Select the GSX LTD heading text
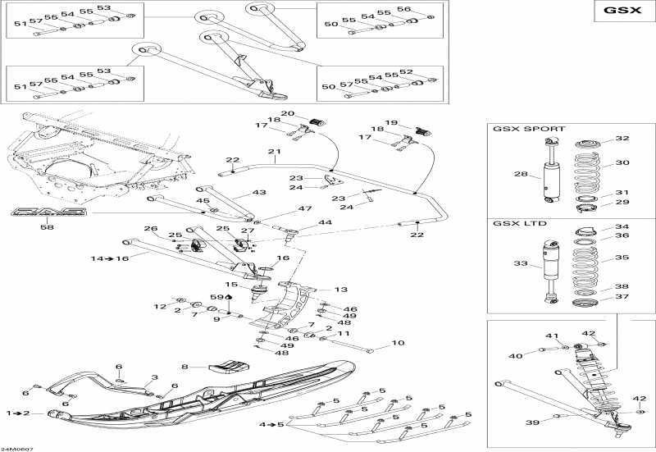click(x=519, y=223)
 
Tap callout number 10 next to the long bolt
click(x=398, y=343)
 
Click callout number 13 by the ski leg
click(x=341, y=290)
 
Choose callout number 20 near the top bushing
click(x=288, y=113)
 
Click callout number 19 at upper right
click(x=391, y=122)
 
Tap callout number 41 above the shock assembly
click(x=552, y=336)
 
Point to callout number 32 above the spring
click(x=622, y=138)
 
